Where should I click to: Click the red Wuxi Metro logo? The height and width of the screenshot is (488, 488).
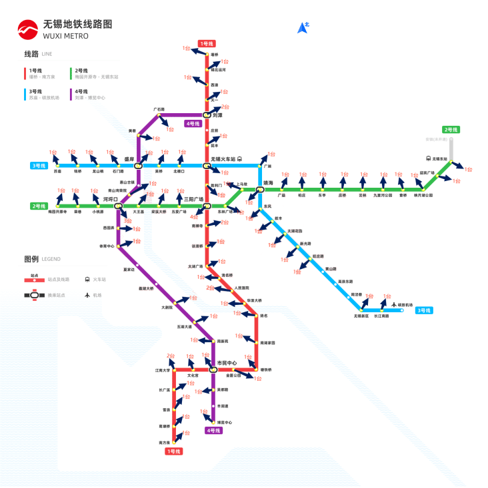click(28, 29)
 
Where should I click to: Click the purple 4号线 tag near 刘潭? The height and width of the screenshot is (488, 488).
click(193, 123)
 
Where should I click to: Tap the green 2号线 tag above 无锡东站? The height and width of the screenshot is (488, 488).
click(451, 130)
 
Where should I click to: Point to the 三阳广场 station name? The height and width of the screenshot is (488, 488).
click(193, 199)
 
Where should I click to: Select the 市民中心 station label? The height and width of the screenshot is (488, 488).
click(227, 363)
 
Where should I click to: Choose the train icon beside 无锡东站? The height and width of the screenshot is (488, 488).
click(429, 158)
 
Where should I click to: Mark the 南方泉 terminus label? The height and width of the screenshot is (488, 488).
click(165, 442)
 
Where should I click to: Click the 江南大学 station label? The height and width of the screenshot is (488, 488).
click(163, 369)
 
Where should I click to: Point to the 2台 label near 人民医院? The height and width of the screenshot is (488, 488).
click(211, 288)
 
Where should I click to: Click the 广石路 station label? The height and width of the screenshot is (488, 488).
click(159, 109)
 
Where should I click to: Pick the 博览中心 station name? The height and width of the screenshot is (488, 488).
click(225, 422)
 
